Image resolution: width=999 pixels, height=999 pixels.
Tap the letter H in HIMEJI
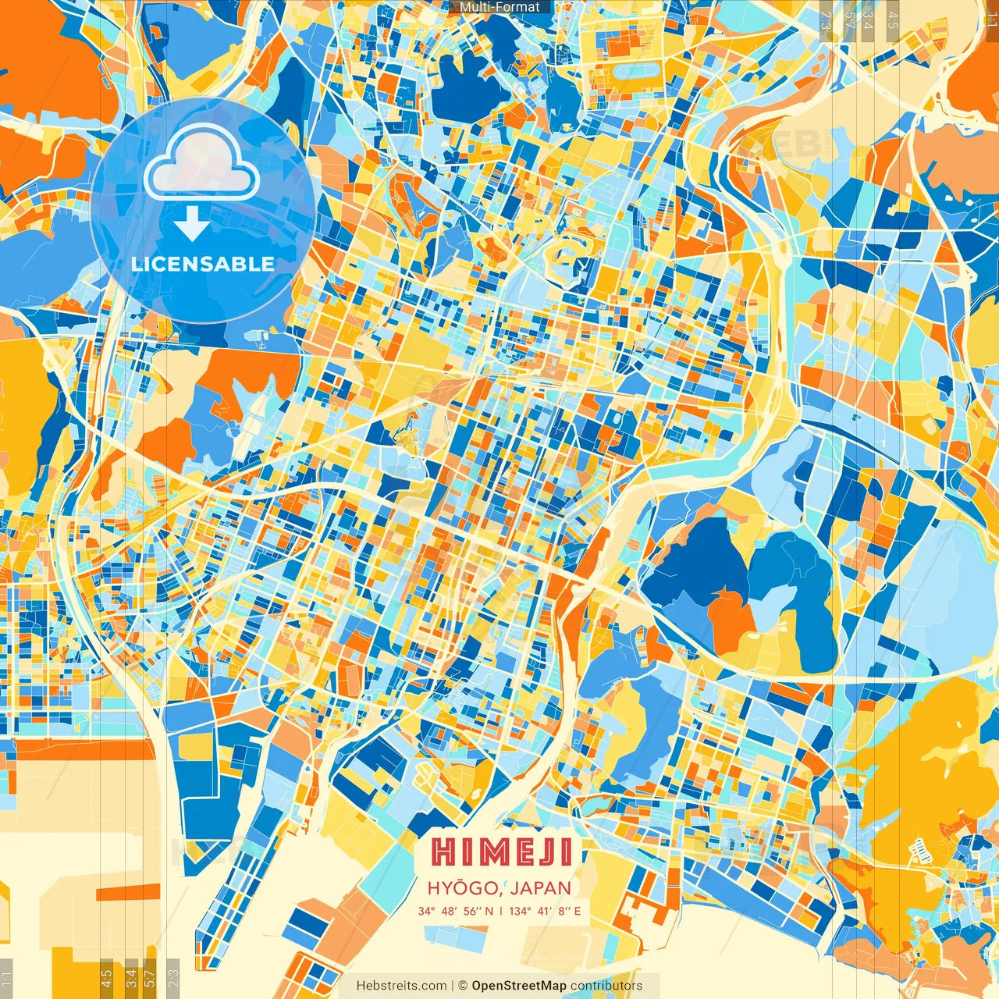coord(443,852)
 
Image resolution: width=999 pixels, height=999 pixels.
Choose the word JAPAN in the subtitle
coord(542,888)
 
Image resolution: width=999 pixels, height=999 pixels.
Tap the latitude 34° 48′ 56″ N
coord(455,911)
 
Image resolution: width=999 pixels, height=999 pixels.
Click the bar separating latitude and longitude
coord(500,911)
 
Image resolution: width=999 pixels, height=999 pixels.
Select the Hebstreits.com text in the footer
coord(401,986)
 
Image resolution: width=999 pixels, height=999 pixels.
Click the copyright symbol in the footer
coord(462,986)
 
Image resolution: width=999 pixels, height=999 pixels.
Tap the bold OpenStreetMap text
coord(519,986)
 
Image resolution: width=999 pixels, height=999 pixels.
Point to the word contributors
coord(606,986)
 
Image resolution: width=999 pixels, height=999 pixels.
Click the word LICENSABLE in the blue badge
coord(203,264)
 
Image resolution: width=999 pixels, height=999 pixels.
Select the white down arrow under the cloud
coord(191,224)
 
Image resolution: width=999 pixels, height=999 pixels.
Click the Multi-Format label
coord(499,7)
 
